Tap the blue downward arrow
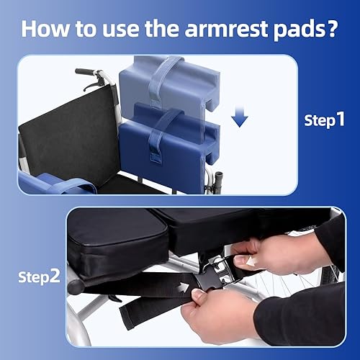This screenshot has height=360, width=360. click(x=240, y=117)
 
